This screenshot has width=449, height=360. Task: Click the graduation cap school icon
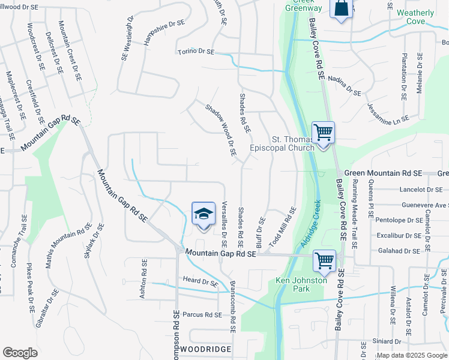point(203,214)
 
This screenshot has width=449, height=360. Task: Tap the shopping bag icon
point(341,8)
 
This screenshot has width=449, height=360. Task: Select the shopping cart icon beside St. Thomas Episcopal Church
point(323,133)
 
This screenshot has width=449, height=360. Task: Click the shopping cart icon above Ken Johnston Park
point(324,260)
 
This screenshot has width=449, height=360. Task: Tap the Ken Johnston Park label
point(301,284)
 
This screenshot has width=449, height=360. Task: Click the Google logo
point(20,353)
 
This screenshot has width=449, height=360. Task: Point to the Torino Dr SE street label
point(196,52)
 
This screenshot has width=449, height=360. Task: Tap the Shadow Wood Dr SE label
point(221,130)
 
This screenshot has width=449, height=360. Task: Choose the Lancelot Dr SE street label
point(420,190)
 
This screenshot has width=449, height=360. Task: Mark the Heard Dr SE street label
point(200,281)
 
